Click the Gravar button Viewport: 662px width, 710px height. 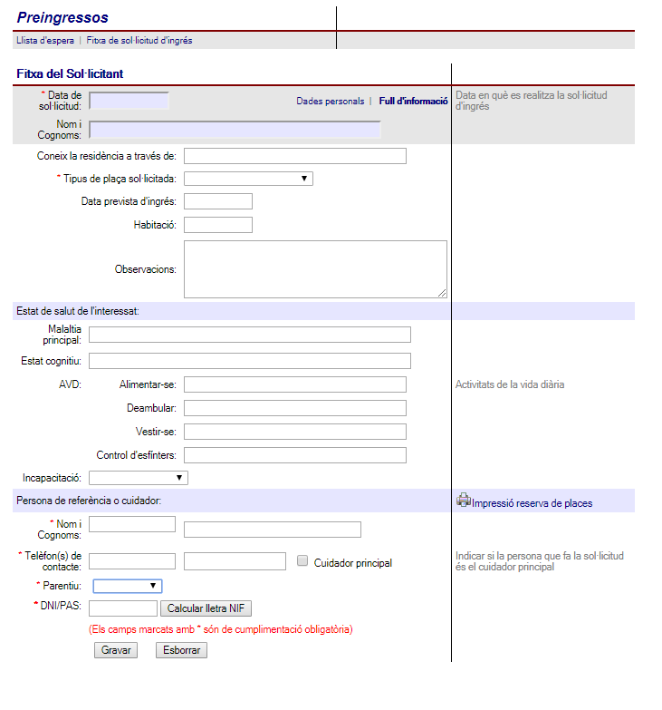(116, 650)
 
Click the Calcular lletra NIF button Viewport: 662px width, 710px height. (206, 608)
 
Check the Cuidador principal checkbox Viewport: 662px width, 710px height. (303, 561)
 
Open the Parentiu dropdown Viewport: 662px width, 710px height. (128, 586)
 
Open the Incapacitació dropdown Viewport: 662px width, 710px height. (139, 477)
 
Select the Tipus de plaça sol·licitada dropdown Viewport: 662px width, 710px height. (248, 179)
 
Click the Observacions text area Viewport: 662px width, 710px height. (315, 268)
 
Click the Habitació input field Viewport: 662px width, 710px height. (217, 224)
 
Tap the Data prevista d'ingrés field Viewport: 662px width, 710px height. (217, 200)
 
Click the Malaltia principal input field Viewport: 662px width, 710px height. (250, 335)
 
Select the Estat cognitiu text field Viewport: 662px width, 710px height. (250, 361)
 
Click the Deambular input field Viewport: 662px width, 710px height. (295, 408)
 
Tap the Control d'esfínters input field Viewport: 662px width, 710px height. (295, 455)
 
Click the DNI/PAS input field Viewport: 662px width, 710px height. (123, 608)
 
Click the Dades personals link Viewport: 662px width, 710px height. (331, 102)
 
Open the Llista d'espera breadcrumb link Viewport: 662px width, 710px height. (45, 41)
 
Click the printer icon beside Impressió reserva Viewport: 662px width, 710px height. (464, 500)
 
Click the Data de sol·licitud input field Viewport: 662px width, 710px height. (130, 101)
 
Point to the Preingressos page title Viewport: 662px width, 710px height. (62, 18)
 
